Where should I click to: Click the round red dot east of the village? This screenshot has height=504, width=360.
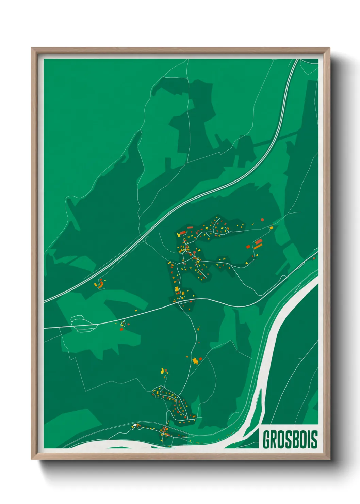pyautogui.click(x=262, y=220)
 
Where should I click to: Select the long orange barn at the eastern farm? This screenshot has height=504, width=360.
pyautogui.click(x=258, y=246)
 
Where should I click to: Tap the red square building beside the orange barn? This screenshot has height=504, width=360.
pyautogui.click(x=248, y=246)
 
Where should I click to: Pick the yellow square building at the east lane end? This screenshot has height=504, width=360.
pyautogui.click(x=271, y=227)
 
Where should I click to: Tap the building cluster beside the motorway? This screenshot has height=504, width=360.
pyautogui.click(x=100, y=284)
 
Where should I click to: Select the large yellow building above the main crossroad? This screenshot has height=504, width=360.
pyautogui.click(x=177, y=289)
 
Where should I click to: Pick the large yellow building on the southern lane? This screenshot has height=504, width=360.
pyautogui.click(x=195, y=361)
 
